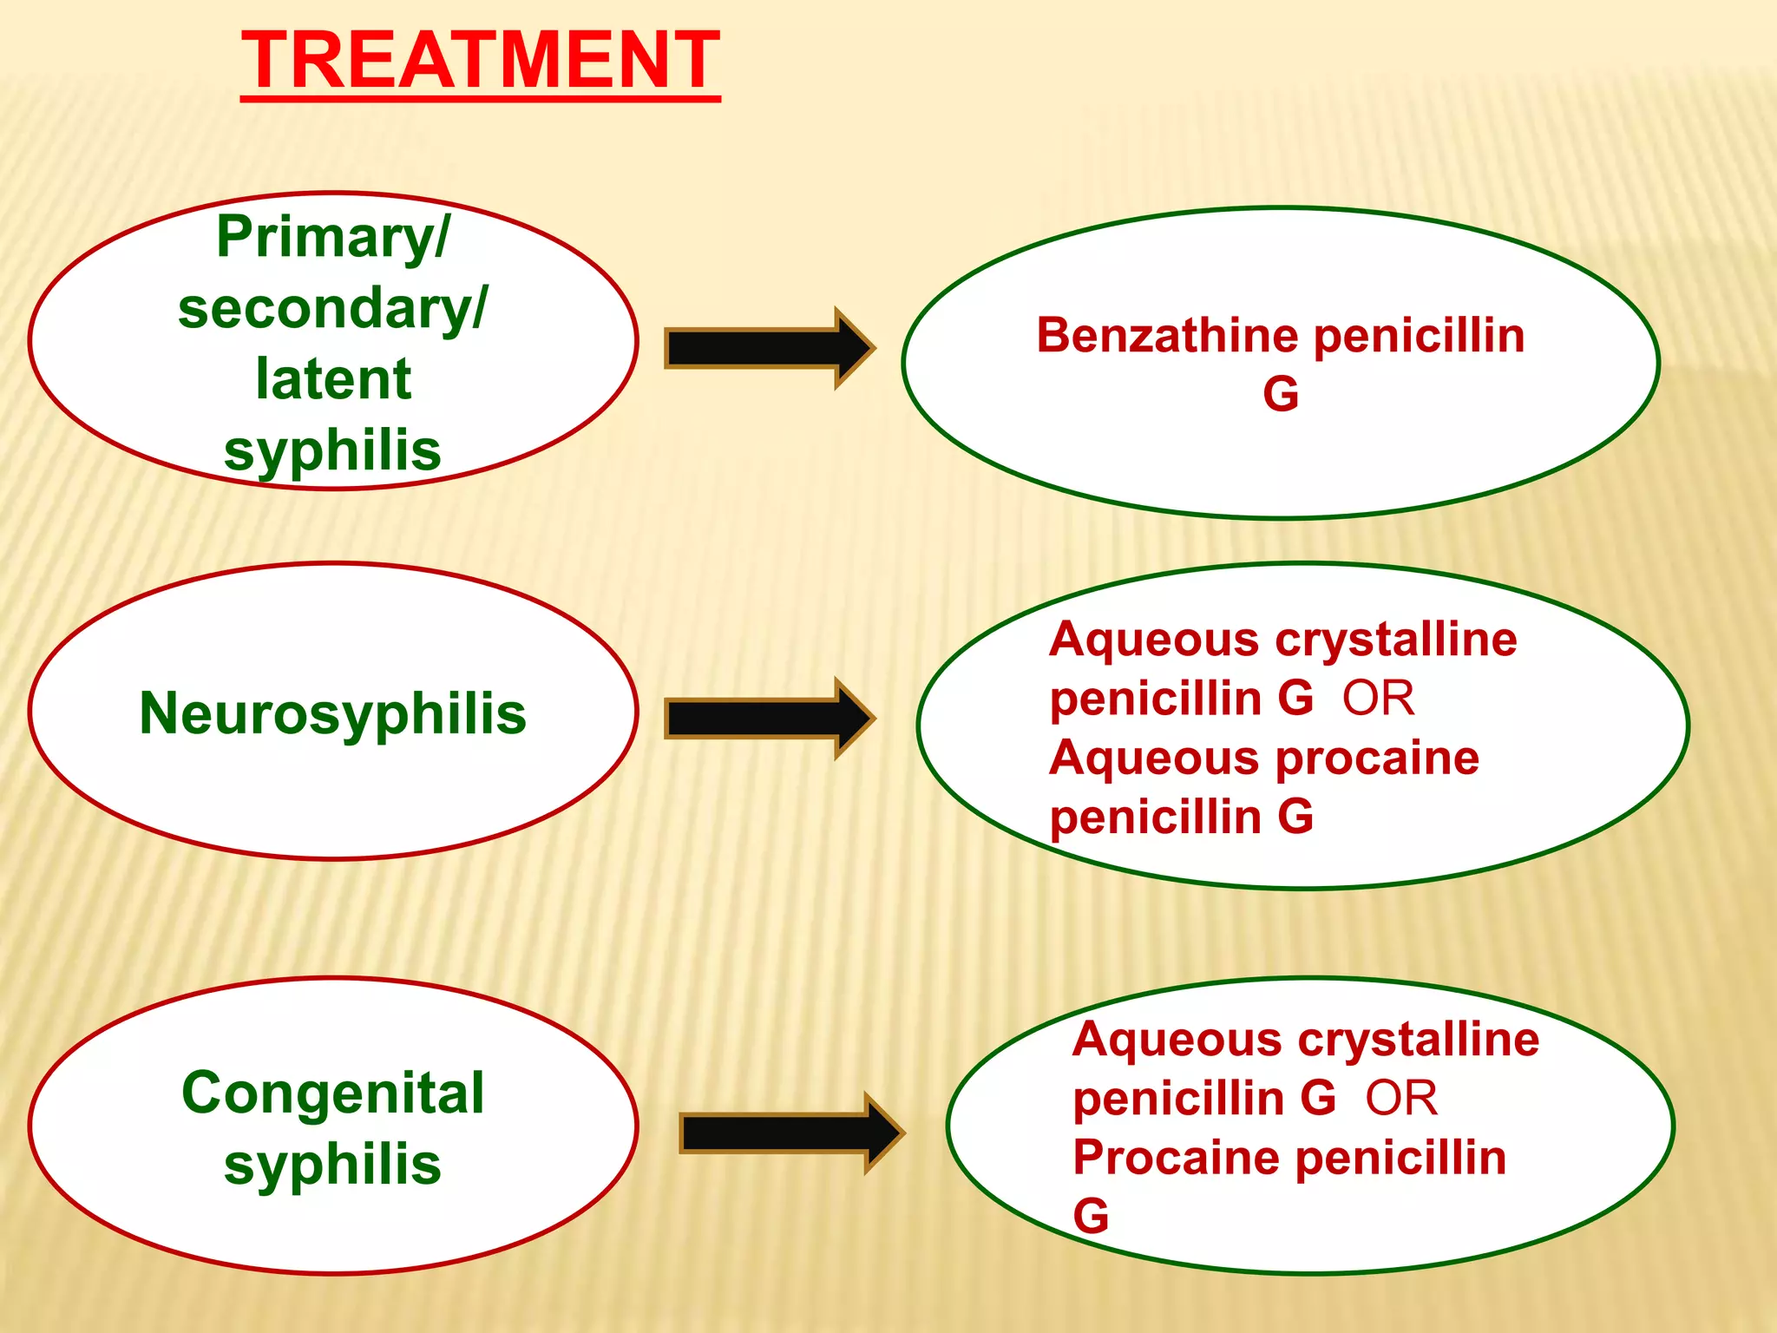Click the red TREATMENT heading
pyautogui.click(x=480, y=61)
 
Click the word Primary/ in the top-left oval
pyautogui.click(x=333, y=237)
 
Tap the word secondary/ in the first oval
pyautogui.click(x=333, y=309)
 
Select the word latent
pyautogui.click(x=333, y=379)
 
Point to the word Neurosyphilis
pyautogui.click(x=333, y=713)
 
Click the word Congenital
pyautogui.click(x=333, y=1093)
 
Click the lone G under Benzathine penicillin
pyautogui.click(x=1281, y=394)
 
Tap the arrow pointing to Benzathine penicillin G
pyautogui.click(x=768, y=348)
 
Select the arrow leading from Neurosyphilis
pyautogui.click(x=768, y=719)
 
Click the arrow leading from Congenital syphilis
pyautogui.click(x=790, y=1133)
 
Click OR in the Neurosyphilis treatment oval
pyautogui.click(x=1378, y=699)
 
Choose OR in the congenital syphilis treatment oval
pyautogui.click(x=1401, y=1099)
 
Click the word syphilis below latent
pyautogui.click(x=333, y=451)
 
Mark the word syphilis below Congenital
pyautogui.click(x=333, y=1164)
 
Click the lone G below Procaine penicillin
pyautogui.click(x=1091, y=1216)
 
